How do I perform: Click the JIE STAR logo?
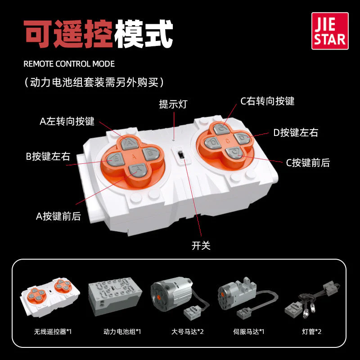pos(330,31)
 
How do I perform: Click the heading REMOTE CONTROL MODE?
pos(69,64)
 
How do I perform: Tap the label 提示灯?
pos(173,104)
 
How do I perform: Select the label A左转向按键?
pos(67,121)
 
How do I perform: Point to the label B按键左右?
pos(48,156)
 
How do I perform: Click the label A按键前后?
pos(58,216)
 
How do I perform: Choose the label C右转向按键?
pos(267,101)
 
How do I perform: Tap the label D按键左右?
pos(296,132)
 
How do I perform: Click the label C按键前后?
pos(308,163)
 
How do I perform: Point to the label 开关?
pos(201,245)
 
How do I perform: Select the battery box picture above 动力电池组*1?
pos(115,297)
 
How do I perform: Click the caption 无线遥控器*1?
pos(53,332)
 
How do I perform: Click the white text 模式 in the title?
pos(144,34)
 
